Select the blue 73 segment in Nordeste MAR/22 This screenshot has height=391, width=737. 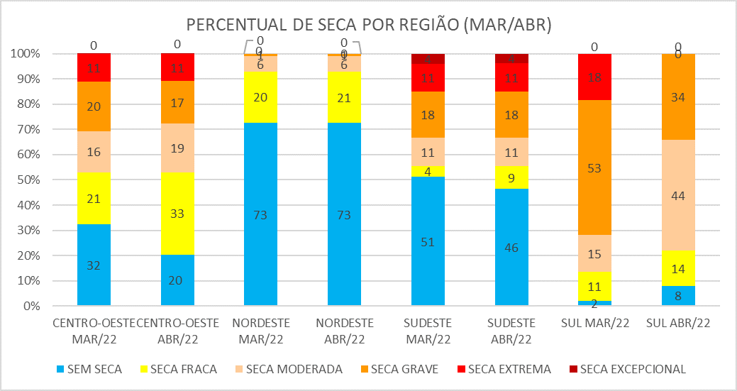(x=260, y=214)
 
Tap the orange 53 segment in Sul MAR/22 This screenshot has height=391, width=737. (x=594, y=167)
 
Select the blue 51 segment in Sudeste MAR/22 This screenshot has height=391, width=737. (x=427, y=241)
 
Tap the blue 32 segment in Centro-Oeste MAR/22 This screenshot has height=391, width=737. (x=94, y=265)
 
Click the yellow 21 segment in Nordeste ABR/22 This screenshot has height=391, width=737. (x=344, y=97)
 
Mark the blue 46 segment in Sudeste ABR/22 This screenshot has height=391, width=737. (x=511, y=248)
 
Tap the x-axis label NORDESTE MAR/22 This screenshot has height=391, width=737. (x=260, y=329)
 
